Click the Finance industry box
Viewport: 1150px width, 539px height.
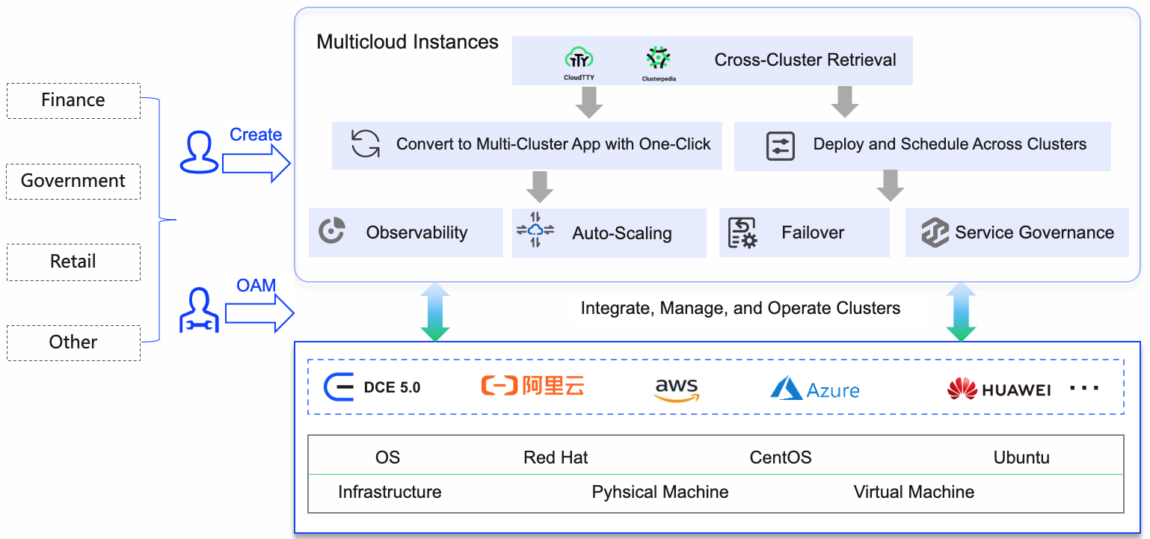coord(73,101)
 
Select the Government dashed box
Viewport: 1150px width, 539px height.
coord(73,182)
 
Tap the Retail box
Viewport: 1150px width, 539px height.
coord(73,262)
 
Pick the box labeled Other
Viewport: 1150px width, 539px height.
coord(73,343)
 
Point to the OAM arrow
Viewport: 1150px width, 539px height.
coord(259,313)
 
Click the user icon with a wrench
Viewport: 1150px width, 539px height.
coord(199,310)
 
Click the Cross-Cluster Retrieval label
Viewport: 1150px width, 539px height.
coord(805,61)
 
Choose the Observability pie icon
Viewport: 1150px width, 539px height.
coord(331,232)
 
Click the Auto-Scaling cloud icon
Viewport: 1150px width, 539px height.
coord(535,232)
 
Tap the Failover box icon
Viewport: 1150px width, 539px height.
coord(742,232)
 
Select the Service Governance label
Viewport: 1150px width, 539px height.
coord(1034,232)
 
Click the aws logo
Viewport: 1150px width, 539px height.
coord(676,388)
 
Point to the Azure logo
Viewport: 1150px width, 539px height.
coord(815,388)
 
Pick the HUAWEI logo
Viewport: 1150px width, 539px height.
coord(999,389)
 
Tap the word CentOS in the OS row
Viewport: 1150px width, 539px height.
coord(781,458)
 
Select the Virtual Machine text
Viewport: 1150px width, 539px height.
coord(914,492)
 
